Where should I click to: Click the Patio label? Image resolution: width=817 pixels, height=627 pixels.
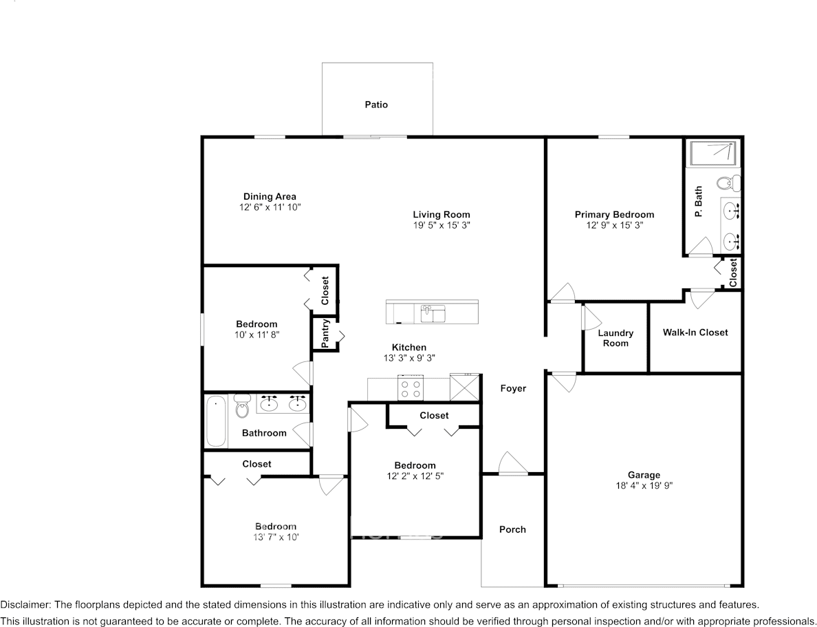click(376, 105)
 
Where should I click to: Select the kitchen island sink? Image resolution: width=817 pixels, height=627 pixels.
click(433, 313)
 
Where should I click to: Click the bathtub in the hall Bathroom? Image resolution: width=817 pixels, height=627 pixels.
click(216, 421)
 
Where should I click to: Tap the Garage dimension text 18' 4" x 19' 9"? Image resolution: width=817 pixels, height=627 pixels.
click(644, 485)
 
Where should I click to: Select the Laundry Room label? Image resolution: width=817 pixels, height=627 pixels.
click(616, 338)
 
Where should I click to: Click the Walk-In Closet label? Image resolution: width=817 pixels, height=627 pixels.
click(695, 332)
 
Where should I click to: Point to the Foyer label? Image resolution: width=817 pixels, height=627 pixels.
click(512, 388)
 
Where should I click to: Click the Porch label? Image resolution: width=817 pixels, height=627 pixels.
click(512, 529)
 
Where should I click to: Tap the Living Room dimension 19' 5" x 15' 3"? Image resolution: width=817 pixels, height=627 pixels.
click(442, 225)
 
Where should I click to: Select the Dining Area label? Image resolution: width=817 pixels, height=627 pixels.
click(270, 197)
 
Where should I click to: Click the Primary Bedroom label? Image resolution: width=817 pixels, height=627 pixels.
click(614, 215)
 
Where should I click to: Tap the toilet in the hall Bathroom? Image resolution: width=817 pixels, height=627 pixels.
click(241, 407)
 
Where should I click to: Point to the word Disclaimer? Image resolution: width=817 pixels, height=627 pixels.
click(25, 605)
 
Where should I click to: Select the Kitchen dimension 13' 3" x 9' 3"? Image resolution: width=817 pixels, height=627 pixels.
click(409, 358)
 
